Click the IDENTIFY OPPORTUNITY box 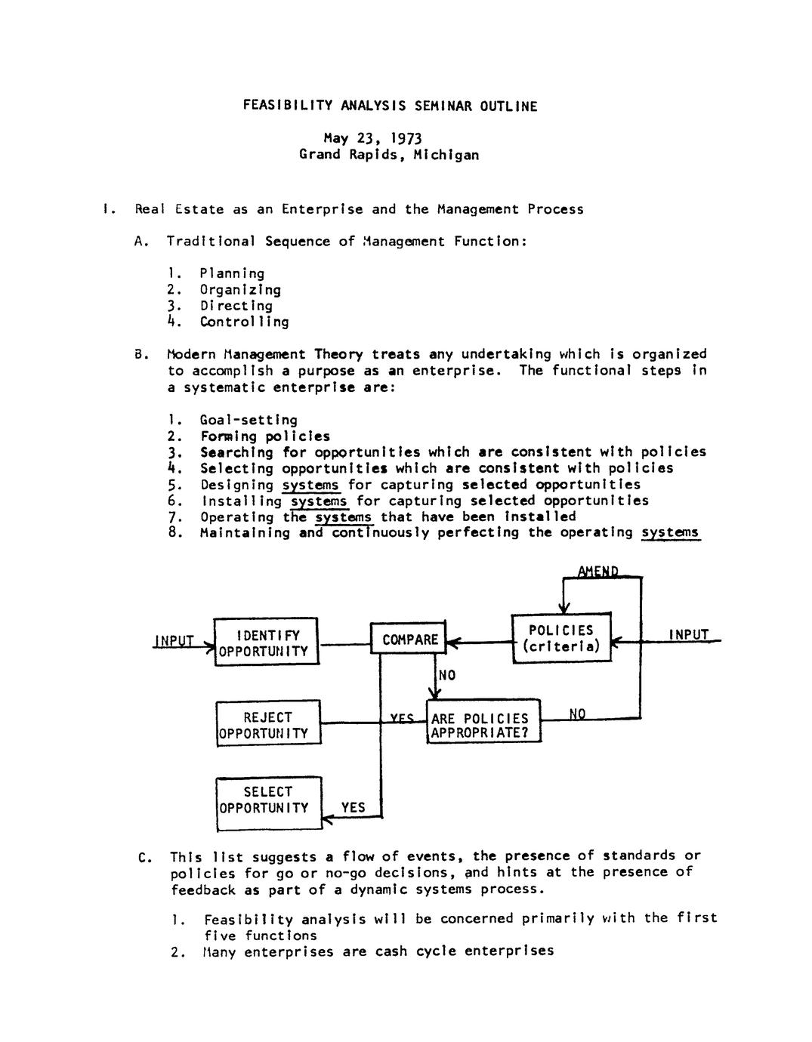267,642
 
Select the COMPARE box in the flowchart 409,640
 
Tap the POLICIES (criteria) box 561,639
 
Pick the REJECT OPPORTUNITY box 268,724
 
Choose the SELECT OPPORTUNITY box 268,800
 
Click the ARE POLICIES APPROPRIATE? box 483,725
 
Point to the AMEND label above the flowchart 598,572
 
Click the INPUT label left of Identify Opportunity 174,641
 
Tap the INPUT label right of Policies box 688,634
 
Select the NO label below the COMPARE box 447,675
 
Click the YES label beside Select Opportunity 353,807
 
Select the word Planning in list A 232,273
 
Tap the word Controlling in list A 244,322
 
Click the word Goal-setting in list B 249,420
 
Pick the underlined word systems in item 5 310,485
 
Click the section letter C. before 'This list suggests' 146,857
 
